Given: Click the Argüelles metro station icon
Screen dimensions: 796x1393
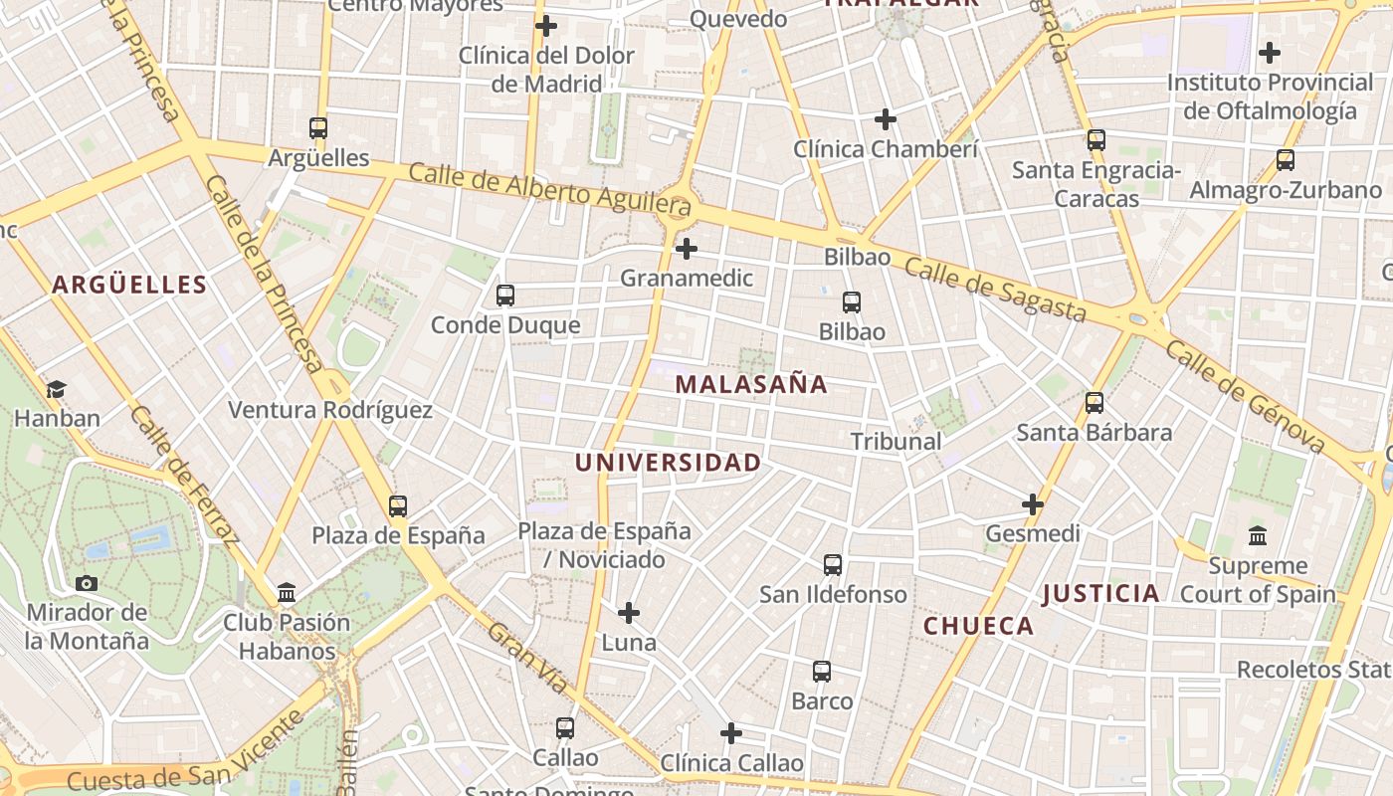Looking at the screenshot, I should click(x=318, y=128).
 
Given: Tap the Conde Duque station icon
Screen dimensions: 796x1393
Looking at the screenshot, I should click(x=505, y=296).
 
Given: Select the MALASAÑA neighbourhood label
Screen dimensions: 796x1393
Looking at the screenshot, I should click(x=751, y=384).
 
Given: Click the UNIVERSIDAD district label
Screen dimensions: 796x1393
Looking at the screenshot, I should click(x=668, y=463).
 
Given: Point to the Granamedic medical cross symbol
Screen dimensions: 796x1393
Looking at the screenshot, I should click(x=687, y=249).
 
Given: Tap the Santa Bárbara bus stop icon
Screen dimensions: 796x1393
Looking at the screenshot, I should click(x=1094, y=403).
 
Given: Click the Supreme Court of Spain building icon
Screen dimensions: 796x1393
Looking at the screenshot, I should click(x=1258, y=535).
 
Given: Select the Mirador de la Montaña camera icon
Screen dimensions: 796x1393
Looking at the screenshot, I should click(x=87, y=583).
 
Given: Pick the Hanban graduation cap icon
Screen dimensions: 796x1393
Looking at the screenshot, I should click(x=57, y=389).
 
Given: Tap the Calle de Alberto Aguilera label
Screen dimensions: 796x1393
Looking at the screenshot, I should click(x=550, y=190).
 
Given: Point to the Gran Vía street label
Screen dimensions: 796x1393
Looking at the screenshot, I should click(x=528, y=658).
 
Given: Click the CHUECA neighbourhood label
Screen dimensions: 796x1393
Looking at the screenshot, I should click(x=979, y=626).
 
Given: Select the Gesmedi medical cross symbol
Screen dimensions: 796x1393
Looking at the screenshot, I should click(x=1033, y=504).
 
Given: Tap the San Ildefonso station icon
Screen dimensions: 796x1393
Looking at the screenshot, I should click(x=833, y=565).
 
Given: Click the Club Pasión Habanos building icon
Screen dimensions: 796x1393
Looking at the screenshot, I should click(x=287, y=593).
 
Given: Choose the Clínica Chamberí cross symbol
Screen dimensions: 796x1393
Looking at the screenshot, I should click(x=886, y=120).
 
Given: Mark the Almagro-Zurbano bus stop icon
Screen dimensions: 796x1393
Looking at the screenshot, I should click(x=1286, y=160).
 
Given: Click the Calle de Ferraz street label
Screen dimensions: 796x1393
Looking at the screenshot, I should click(x=184, y=478).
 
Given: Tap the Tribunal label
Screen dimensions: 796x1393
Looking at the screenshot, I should click(x=895, y=441).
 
